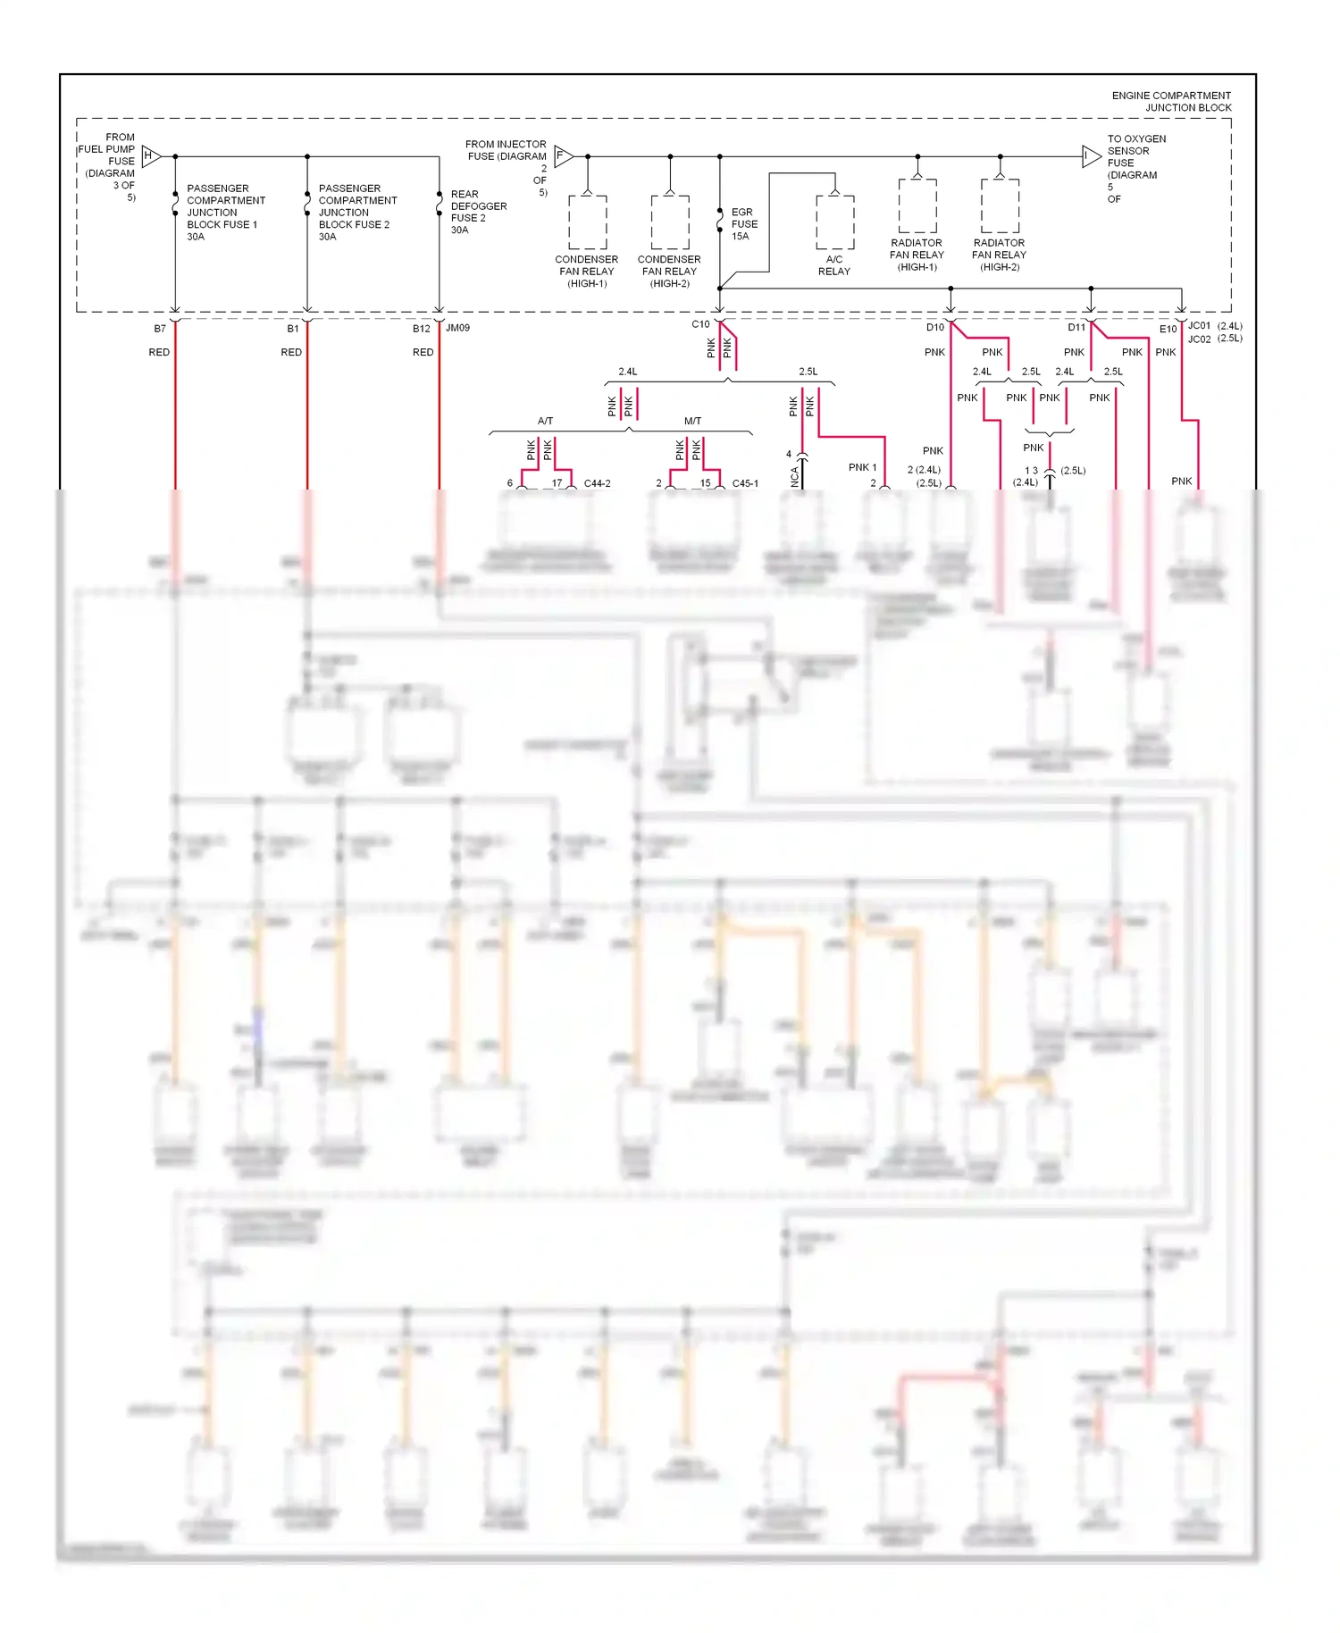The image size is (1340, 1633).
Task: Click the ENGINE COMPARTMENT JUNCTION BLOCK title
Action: pyautogui.click(x=1170, y=101)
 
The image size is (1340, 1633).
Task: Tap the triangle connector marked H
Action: pyautogui.click(x=150, y=156)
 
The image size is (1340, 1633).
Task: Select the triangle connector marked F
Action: pyautogui.click(x=563, y=155)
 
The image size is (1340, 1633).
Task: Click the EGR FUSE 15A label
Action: pyautogui.click(x=743, y=224)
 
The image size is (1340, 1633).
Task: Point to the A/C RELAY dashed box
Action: pyautogui.click(x=834, y=222)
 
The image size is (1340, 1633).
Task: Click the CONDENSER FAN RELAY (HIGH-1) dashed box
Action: pyautogui.click(x=587, y=222)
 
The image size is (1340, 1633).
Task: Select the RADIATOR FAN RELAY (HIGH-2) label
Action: pyautogui.click(x=999, y=255)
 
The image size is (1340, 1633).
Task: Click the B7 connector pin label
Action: pyautogui.click(x=160, y=329)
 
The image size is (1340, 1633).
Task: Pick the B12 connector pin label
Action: pyautogui.click(x=421, y=329)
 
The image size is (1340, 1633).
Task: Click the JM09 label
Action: pyautogui.click(x=457, y=328)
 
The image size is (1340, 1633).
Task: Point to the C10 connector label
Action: pyautogui.click(x=700, y=324)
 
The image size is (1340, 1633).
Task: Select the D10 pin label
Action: pyautogui.click(x=934, y=327)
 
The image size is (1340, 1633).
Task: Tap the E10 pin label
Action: pyautogui.click(x=1168, y=329)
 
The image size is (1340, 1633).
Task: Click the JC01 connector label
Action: pyautogui.click(x=1199, y=326)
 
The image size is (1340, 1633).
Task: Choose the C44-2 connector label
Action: pyautogui.click(x=597, y=483)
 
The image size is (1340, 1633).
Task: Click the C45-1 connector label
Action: pyautogui.click(x=745, y=483)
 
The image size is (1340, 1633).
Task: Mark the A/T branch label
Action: pyautogui.click(x=545, y=421)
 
